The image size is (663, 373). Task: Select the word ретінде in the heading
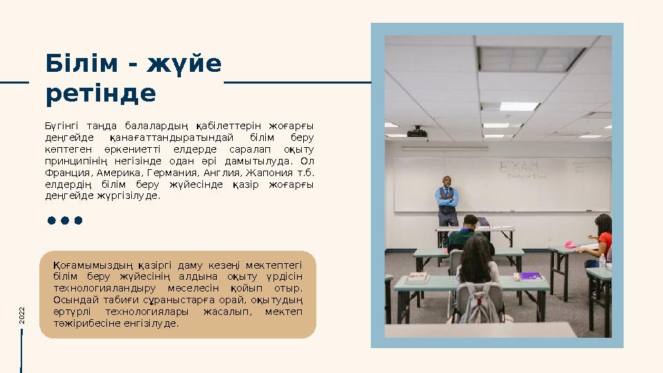(x=101, y=93)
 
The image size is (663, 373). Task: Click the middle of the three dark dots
(x=65, y=221)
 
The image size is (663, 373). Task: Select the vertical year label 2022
(x=22, y=316)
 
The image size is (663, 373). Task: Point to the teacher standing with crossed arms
(x=448, y=199)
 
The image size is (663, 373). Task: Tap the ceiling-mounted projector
(x=416, y=131)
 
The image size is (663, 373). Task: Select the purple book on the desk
(x=530, y=276)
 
